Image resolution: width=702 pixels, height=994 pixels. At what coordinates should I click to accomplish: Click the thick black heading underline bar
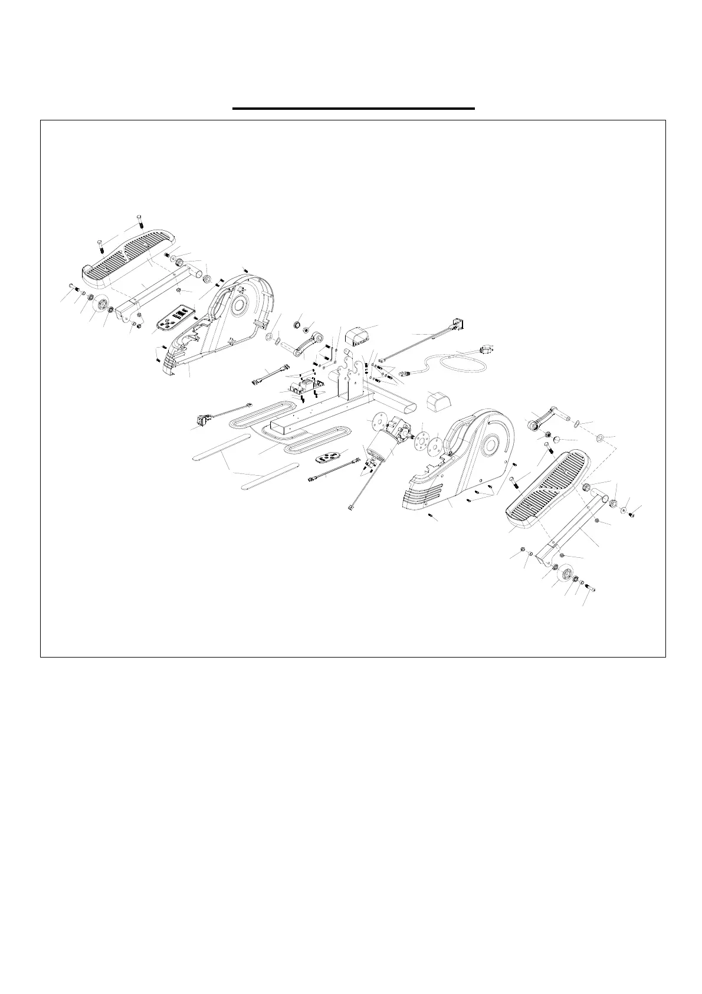coord(353,109)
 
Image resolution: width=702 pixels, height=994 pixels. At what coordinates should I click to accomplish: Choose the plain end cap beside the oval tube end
coord(438,401)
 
